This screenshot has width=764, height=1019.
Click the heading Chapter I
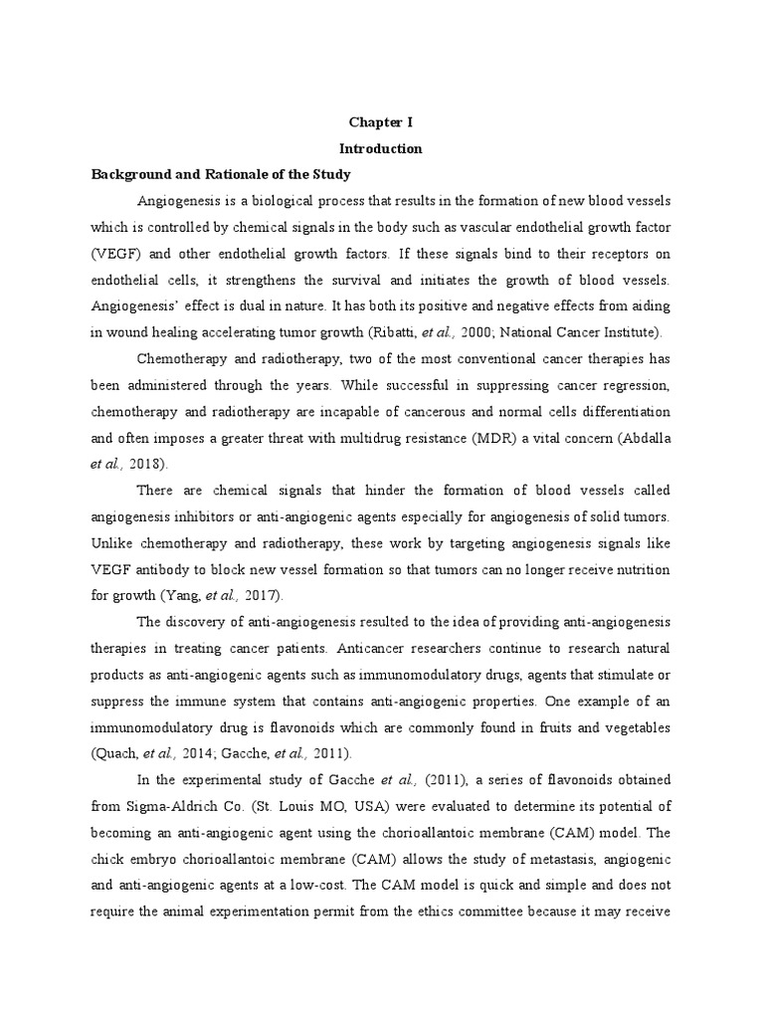[381, 122]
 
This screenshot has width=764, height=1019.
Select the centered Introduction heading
[381, 148]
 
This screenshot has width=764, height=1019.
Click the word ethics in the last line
[482, 911]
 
